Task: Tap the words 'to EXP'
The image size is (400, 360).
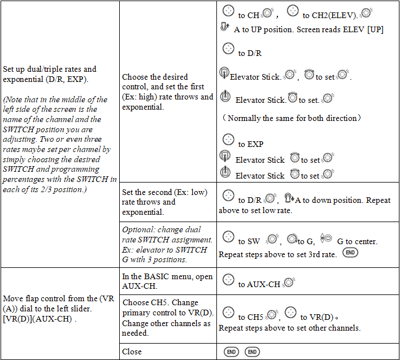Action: pyautogui.click(x=251, y=144)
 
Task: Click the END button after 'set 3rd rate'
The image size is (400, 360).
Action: pyautogui.click(x=350, y=253)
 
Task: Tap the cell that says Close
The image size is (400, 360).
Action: pyautogui.click(x=132, y=352)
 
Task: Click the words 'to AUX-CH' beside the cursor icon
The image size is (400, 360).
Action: pyautogui.click(x=259, y=284)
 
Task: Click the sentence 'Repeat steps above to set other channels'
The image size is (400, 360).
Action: pyautogui.click(x=289, y=328)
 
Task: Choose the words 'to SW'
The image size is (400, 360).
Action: pyautogui.click(x=249, y=241)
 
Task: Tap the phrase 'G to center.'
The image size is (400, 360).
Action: pyautogui.click(x=357, y=241)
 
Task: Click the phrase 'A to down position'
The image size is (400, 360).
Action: pyautogui.click(x=327, y=200)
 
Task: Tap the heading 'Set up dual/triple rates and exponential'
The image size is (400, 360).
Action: pyautogui.click(x=50, y=73)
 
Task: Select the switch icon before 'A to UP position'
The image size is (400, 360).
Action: pyautogui.click(x=224, y=28)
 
